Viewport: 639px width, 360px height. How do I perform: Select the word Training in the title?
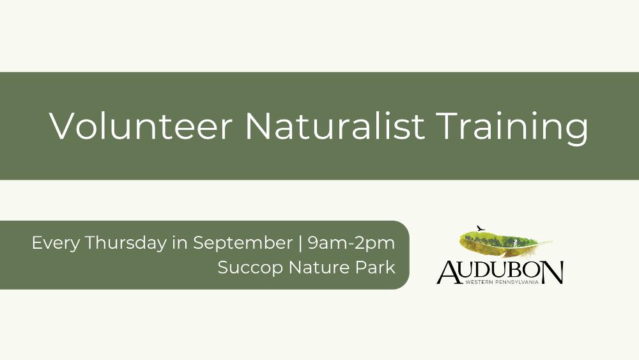click(x=512, y=128)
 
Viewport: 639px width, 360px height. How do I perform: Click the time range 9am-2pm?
click(x=351, y=244)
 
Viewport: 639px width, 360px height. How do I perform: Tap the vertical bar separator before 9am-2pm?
click(x=300, y=244)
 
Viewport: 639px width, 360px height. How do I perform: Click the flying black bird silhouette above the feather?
click(x=481, y=228)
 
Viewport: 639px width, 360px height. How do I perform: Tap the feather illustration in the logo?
click(x=505, y=243)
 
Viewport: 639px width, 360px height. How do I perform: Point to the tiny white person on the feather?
click(x=515, y=244)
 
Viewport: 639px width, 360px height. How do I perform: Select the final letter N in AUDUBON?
click(x=553, y=272)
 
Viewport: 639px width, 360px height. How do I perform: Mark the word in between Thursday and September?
click(x=180, y=244)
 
